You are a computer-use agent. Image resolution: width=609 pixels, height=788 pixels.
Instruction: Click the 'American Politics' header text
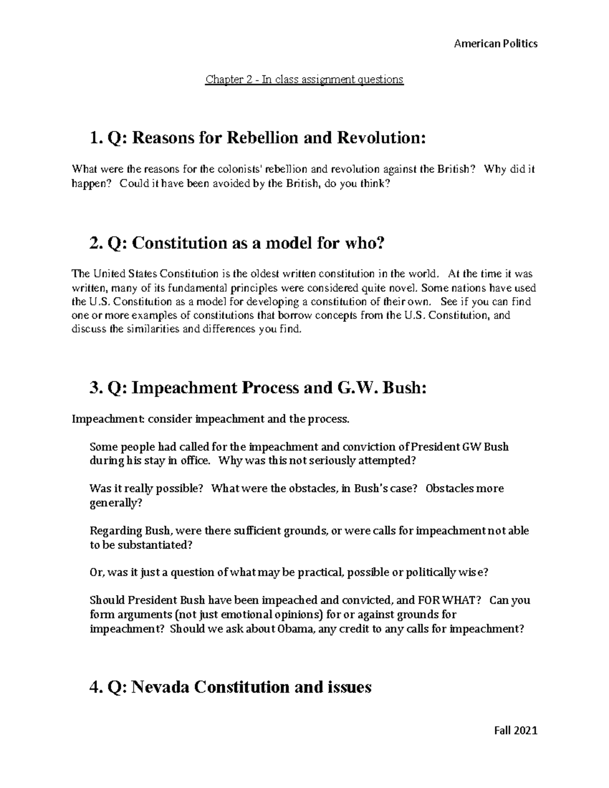[495, 44]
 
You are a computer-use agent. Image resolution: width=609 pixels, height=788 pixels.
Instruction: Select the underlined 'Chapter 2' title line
[304, 79]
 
